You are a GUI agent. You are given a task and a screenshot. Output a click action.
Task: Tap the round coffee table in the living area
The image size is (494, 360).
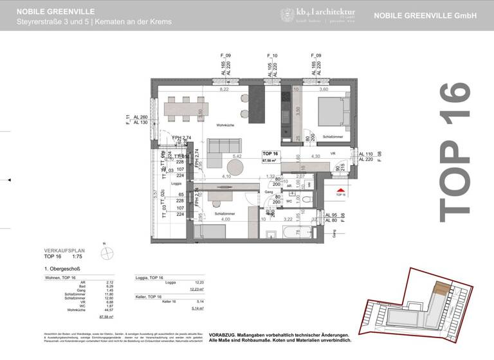(235, 166)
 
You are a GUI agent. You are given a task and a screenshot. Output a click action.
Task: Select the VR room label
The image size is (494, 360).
(333, 154)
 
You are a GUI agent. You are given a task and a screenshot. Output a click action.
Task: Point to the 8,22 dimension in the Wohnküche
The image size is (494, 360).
(224, 90)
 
